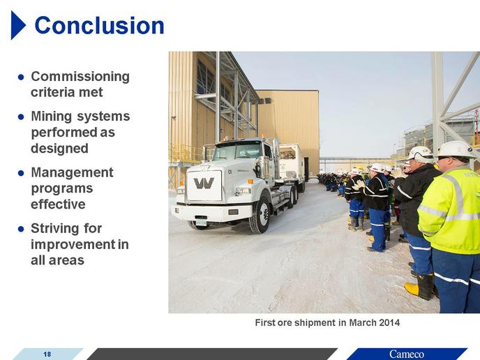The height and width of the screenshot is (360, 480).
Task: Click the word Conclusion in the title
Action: click(100, 25)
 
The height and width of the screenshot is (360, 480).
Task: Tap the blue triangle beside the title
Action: click(17, 25)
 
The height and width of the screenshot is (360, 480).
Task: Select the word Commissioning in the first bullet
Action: click(80, 77)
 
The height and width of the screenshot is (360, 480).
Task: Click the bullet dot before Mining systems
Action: click(21, 117)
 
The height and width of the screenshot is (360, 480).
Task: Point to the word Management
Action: click(73, 172)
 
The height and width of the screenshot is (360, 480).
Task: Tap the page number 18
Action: click(47, 354)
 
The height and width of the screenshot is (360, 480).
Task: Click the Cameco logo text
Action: click(407, 354)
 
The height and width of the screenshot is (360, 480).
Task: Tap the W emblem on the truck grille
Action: click(204, 183)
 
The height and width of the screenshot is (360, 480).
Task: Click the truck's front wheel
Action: click(260, 215)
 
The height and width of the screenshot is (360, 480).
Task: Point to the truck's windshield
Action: click(238, 151)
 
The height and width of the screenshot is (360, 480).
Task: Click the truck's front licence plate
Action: click(201, 223)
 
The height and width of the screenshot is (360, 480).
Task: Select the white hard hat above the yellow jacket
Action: click(457, 149)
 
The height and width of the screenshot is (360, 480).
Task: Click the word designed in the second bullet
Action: click(60, 149)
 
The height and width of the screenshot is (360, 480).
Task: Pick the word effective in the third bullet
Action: click(58, 204)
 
